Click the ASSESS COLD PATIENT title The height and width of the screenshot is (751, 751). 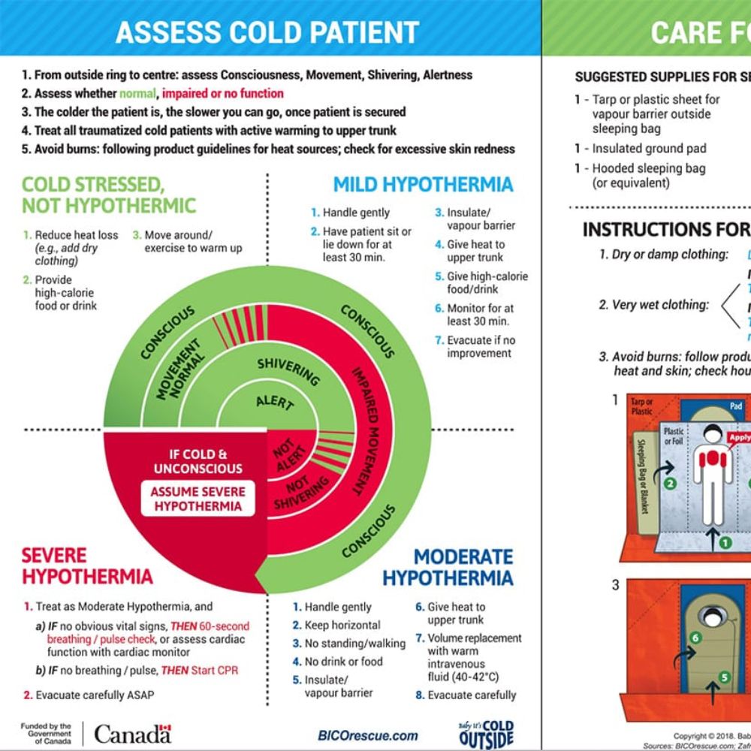[x=267, y=32]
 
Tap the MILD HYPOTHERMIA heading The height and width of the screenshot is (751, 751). [x=423, y=185]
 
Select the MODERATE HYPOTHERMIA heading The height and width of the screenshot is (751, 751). [x=448, y=567]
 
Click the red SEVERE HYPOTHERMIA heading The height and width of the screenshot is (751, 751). [x=86, y=566]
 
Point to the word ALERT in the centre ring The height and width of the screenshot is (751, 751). [x=274, y=401]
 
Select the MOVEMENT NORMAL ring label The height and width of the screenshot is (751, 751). [x=179, y=368]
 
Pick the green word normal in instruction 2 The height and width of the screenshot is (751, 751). [x=139, y=94]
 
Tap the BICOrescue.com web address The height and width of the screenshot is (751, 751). [x=368, y=735]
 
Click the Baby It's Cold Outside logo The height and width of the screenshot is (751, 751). [x=486, y=734]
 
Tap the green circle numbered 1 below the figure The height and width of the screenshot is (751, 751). [x=725, y=541]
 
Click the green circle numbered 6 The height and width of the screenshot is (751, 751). [x=695, y=638]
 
